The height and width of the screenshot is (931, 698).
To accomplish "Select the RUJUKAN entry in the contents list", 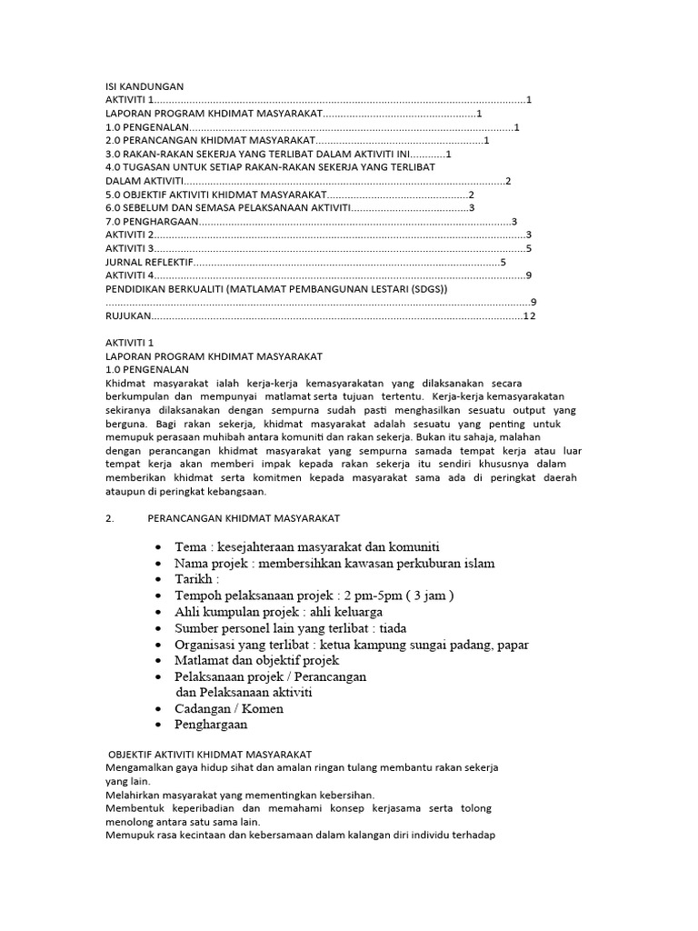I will (x=127, y=315).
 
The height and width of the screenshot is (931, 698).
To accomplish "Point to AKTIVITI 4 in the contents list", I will (x=130, y=275).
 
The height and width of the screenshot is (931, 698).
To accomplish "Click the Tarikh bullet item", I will (x=197, y=579).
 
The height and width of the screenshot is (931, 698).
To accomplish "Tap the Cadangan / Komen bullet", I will (x=229, y=708).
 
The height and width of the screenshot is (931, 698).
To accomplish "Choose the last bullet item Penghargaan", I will (x=211, y=725).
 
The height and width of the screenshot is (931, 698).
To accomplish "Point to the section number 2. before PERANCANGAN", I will (x=109, y=518).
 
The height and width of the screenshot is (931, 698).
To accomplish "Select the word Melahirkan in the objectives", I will (x=135, y=794).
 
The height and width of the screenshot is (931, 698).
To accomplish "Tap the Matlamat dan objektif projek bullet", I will (x=257, y=660).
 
